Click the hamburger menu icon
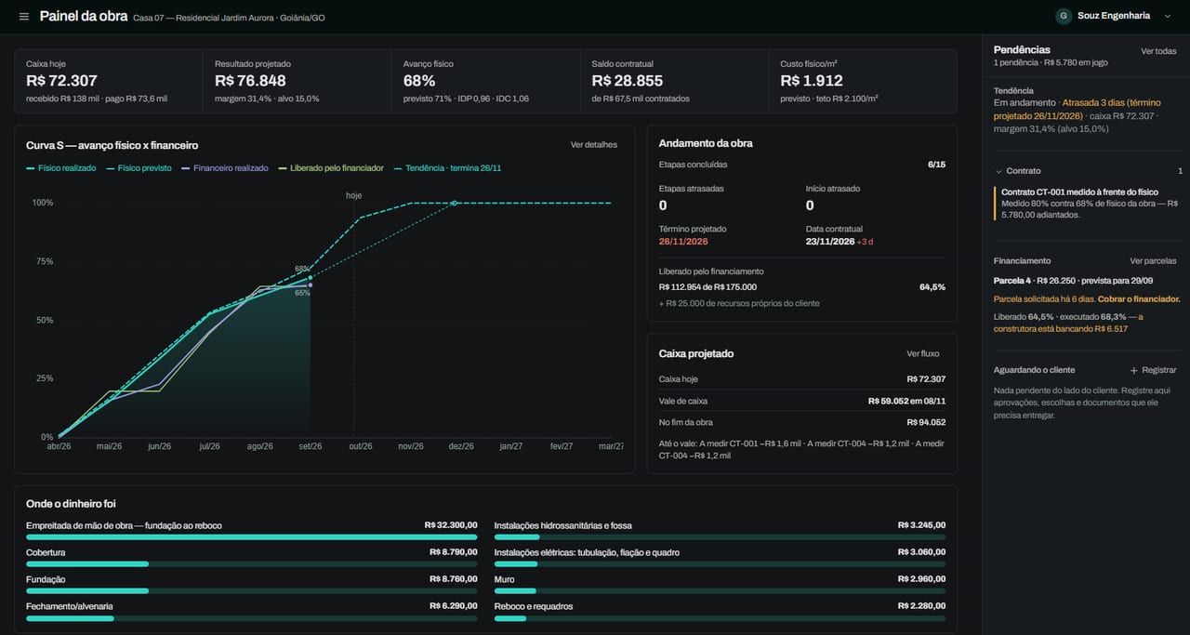24,17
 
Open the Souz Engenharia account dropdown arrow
1168,17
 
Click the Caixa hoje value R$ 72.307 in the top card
61,81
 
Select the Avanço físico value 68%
419,81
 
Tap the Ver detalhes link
593,144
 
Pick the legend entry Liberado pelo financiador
331,168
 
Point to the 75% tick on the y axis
45,261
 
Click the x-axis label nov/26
411,446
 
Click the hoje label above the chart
354,195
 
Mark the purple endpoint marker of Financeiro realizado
311,285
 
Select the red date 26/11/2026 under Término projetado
683,242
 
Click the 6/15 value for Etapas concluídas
936,165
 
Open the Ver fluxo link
923,354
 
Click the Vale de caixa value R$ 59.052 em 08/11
906,402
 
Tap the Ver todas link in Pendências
1158,51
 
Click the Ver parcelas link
1153,261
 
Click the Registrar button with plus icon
1153,370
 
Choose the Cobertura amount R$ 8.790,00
453,552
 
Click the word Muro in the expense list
504,580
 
